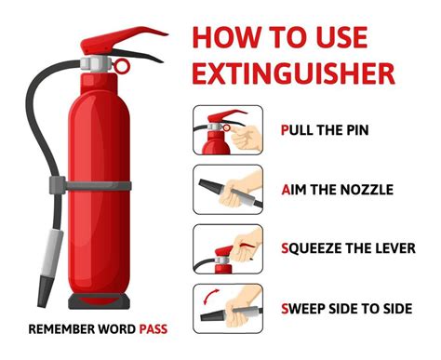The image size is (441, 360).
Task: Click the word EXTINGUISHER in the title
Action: click(293, 73)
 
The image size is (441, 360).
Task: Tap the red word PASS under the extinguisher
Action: click(154, 329)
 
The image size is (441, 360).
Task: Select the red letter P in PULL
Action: click(285, 130)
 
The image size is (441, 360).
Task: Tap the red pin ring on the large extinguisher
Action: click(121, 66)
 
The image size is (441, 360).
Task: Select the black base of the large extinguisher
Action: click(99, 301)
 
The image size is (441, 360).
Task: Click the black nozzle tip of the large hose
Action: click(45, 291)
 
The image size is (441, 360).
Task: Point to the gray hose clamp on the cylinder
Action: click(90, 185)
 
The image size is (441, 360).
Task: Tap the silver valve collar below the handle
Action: click(96, 63)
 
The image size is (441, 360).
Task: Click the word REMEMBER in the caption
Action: click(61, 329)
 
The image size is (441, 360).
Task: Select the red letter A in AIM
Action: click(286, 190)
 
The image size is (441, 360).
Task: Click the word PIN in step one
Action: click(357, 130)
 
